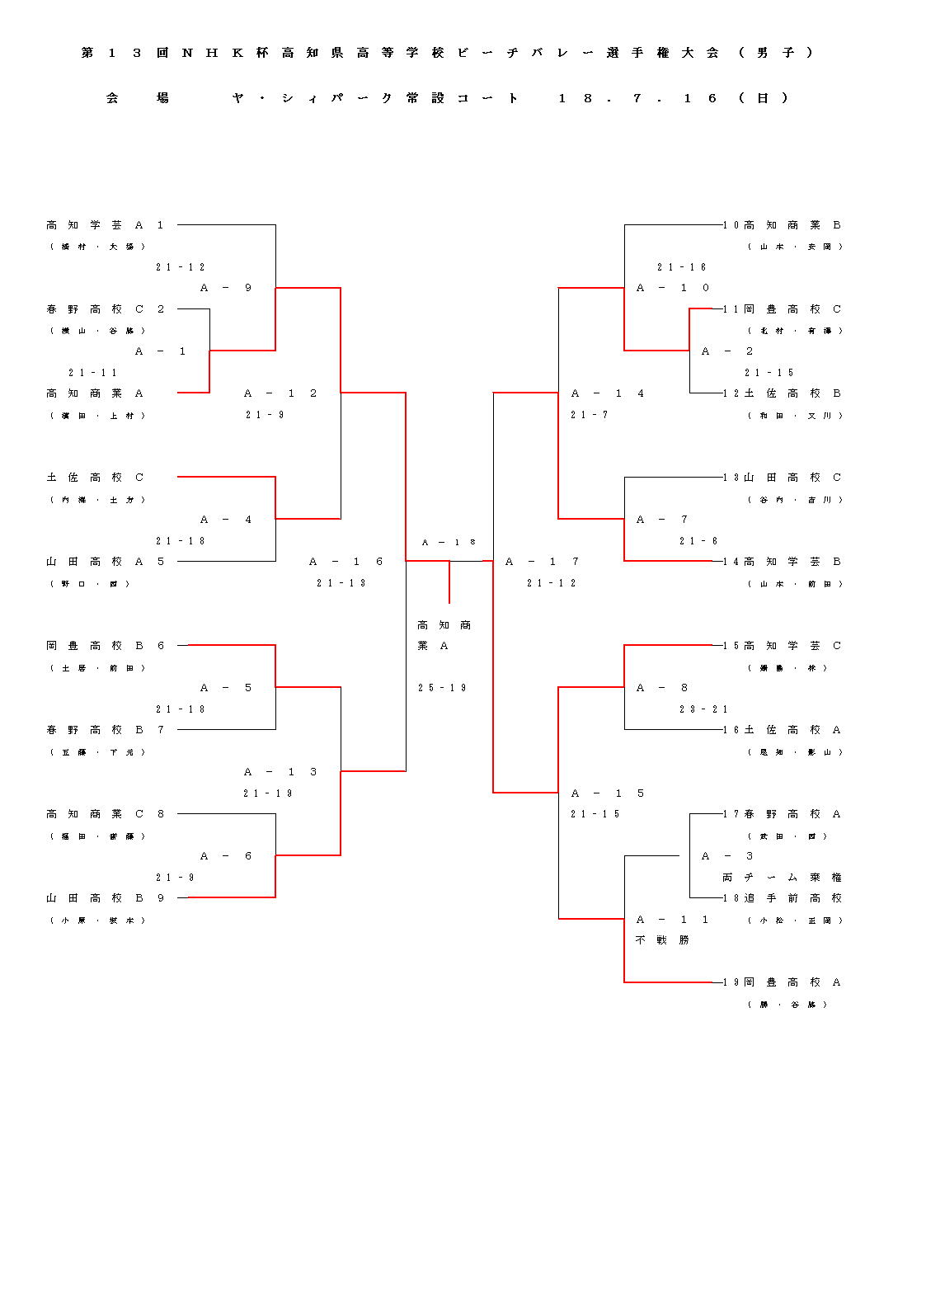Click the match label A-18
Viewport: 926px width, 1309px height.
[449, 543]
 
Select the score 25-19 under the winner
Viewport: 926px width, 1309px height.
[442, 688]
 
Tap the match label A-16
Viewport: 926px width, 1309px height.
[346, 562]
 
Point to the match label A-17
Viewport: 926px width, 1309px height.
[543, 562]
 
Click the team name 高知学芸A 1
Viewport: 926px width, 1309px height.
[106, 225]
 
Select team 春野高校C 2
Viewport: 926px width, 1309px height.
[106, 309]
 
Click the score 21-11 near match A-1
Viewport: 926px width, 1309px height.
[92, 373]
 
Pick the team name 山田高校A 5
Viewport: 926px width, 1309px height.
[106, 562]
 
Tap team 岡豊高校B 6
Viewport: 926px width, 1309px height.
[106, 646]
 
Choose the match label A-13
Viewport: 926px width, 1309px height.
[280, 772]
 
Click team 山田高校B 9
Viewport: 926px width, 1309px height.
[106, 898]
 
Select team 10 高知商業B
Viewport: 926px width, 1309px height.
[783, 225]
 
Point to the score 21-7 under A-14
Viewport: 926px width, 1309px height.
[589, 415]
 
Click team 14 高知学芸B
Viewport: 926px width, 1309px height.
[783, 562]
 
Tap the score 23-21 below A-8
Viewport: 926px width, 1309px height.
[703, 709]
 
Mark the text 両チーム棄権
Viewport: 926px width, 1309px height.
[782, 878]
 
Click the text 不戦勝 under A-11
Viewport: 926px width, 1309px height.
[662, 940]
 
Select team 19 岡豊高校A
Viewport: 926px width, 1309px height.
[783, 982]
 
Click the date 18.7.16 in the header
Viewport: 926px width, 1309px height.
[638, 98]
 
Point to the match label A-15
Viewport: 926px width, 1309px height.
[608, 793]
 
